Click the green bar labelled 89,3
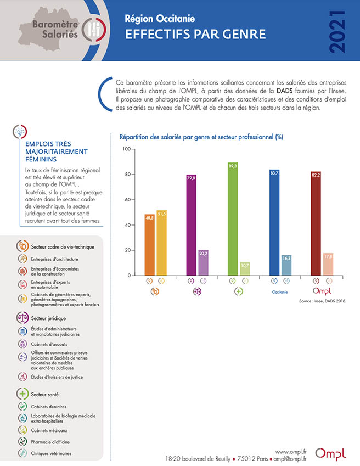233,219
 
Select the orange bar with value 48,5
149,245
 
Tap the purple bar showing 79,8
192,225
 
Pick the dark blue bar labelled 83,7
274,223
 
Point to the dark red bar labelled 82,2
316,223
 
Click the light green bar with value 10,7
245,268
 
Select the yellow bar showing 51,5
161,243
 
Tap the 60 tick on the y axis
128,200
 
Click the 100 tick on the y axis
127,149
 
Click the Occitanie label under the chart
280,292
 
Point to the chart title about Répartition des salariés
201,137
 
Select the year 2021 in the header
337,32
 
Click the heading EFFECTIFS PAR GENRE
195,34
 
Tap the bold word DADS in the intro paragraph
285,91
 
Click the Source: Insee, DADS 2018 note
323,301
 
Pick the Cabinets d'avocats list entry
49,344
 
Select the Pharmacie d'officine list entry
50,442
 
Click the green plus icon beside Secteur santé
22,394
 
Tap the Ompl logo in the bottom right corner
330,453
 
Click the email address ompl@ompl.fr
290,459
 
